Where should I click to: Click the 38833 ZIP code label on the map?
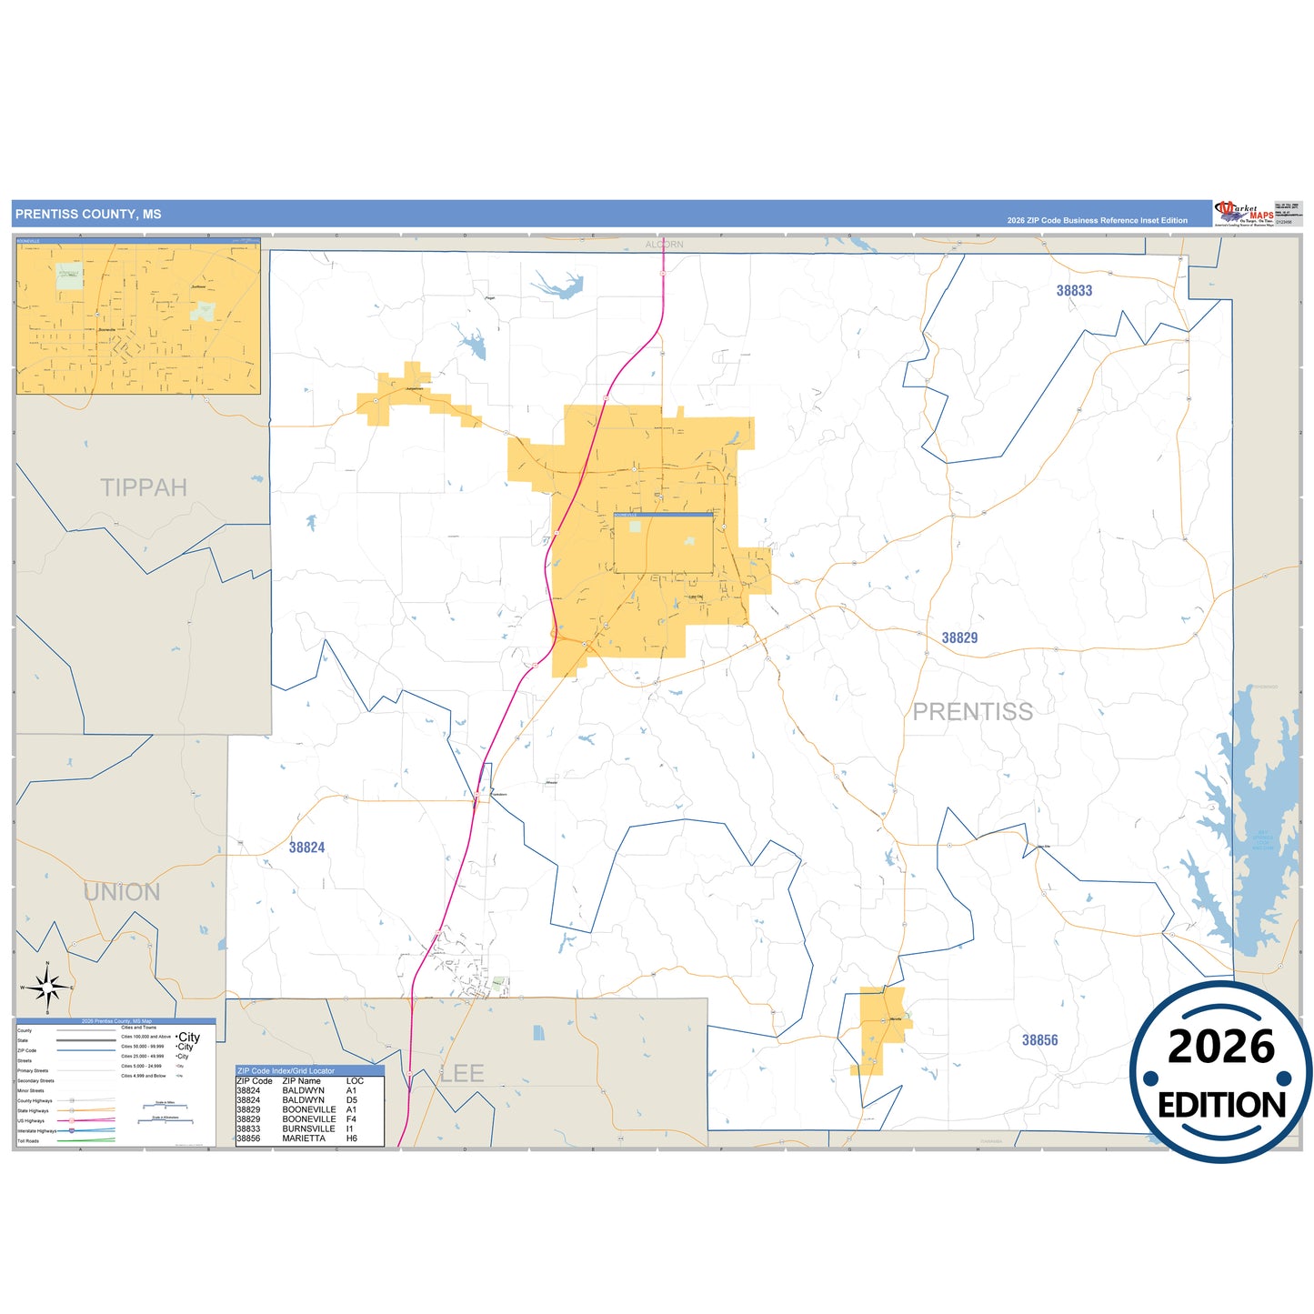tap(1074, 291)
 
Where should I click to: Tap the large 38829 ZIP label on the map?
tap(959, 638)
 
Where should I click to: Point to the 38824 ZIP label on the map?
tap(306, 848)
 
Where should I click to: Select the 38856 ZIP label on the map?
tap(1039, 1040)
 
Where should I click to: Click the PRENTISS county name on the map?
tap(972, 712)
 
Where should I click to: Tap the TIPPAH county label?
tap(144, 488)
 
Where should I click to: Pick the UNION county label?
tap(122, 893)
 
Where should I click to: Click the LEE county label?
tap(462, 1074)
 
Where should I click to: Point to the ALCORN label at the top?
tap(664, 245)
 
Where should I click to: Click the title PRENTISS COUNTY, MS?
tap(88, 215)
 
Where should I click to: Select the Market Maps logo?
tap(1244, 214)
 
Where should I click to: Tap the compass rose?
tap(47, 987)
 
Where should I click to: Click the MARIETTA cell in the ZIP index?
tap(304, 1138)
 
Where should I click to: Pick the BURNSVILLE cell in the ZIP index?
tap(308, 1128)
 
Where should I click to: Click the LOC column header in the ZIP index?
tap(355, 1081)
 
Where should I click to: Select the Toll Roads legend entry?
tap(28, 1141)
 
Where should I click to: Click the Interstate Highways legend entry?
tap(36, 1131)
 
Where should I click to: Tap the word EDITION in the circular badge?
tap(1221, 1105)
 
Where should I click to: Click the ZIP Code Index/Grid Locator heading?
tap(286, 1071)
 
